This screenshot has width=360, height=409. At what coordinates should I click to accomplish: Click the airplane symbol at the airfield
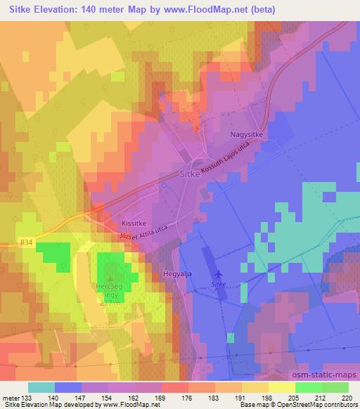[x=219, y=274]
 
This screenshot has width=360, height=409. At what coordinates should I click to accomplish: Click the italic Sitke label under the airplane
[x=219, y=285]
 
